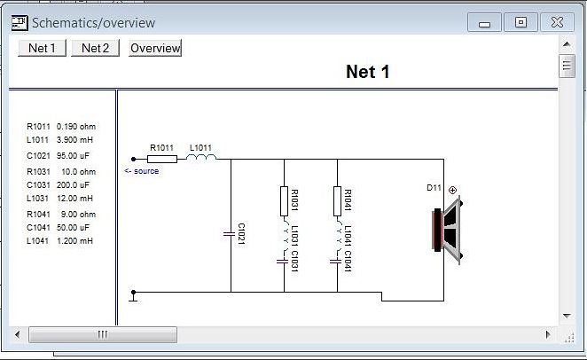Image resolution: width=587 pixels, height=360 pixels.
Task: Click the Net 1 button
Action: [x=42, y=48]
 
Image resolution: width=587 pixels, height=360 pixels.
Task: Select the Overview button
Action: [x=155, y=48]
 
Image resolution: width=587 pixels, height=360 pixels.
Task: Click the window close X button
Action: [x=556, y=23]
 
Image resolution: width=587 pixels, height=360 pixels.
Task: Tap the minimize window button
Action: [x=485, y=23]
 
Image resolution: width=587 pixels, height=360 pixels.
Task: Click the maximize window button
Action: [x=520, y=23]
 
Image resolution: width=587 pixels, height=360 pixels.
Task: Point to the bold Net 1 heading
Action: [x=367, y=73]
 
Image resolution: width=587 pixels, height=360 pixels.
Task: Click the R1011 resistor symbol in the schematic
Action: [x=162, y=160]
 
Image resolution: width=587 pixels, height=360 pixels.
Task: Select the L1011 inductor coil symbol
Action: [x=201, y=159]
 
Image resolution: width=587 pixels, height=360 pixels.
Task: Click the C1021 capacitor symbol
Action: [x=231, y=233]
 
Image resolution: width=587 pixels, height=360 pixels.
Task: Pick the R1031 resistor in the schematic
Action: [x=285, y=201]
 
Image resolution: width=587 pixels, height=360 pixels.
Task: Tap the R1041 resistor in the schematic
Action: [x=338, y=201]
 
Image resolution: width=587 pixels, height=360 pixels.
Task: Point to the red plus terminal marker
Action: [x=453, y=190]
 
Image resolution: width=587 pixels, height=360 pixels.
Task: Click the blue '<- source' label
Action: [x=142, y=171]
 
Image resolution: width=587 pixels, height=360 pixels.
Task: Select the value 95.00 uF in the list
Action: [x=74, y=155]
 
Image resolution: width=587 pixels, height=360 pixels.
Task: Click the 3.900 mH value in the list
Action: [x=74, y=140]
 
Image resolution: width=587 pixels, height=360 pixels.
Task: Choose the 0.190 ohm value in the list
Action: [x=75, y=127]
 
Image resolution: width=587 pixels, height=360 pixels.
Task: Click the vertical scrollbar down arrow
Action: [x=567, y=315]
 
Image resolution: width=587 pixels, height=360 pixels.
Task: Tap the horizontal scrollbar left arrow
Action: [x=16, y=334]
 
